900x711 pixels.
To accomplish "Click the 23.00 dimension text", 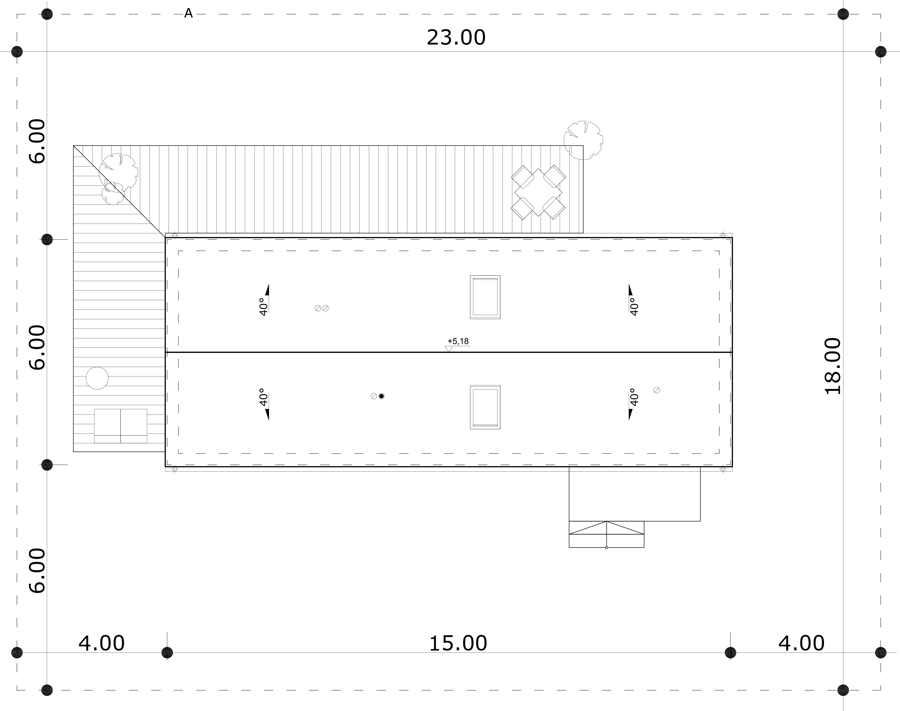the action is pos(456,38).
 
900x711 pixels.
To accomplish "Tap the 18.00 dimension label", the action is pos(833,366).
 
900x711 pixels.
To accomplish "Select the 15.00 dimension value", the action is pos(458,643).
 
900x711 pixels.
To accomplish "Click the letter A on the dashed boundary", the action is pos(188,13).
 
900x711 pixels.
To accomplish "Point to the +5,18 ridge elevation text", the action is pos(458,341).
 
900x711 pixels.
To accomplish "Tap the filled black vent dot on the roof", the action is pos(381,396).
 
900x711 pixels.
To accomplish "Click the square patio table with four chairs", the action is pos(538,192).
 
